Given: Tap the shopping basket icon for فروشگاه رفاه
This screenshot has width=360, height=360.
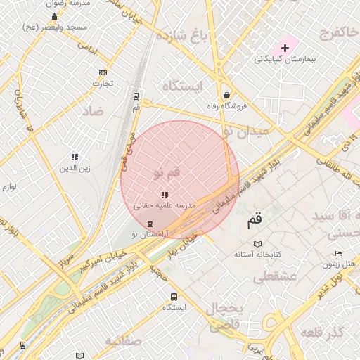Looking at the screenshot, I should point(226,95).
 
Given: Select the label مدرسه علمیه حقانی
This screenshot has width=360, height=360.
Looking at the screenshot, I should point(165,205).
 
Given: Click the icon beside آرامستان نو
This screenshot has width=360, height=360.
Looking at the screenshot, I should point(149,222).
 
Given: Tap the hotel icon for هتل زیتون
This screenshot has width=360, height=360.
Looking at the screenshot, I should point(338,254).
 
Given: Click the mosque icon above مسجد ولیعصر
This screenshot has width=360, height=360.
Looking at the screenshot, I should point(54,17).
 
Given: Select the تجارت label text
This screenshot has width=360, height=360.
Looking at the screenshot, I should point(103,84).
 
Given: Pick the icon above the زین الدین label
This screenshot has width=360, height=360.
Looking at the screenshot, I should point(75,157).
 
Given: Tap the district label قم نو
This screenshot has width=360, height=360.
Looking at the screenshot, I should point(167,173).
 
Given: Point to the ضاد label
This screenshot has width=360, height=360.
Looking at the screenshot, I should point(92,111).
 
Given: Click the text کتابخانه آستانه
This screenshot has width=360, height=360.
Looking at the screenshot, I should point(257,254).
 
